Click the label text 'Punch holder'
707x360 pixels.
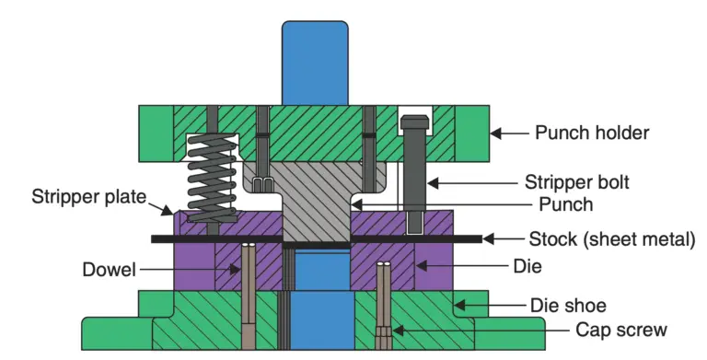click(x=592, y=133)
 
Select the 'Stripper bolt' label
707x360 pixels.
click(x=576, y=181)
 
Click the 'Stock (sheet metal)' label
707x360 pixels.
click(x=611, y=240)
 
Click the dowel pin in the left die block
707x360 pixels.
click(x=249, y=290)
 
